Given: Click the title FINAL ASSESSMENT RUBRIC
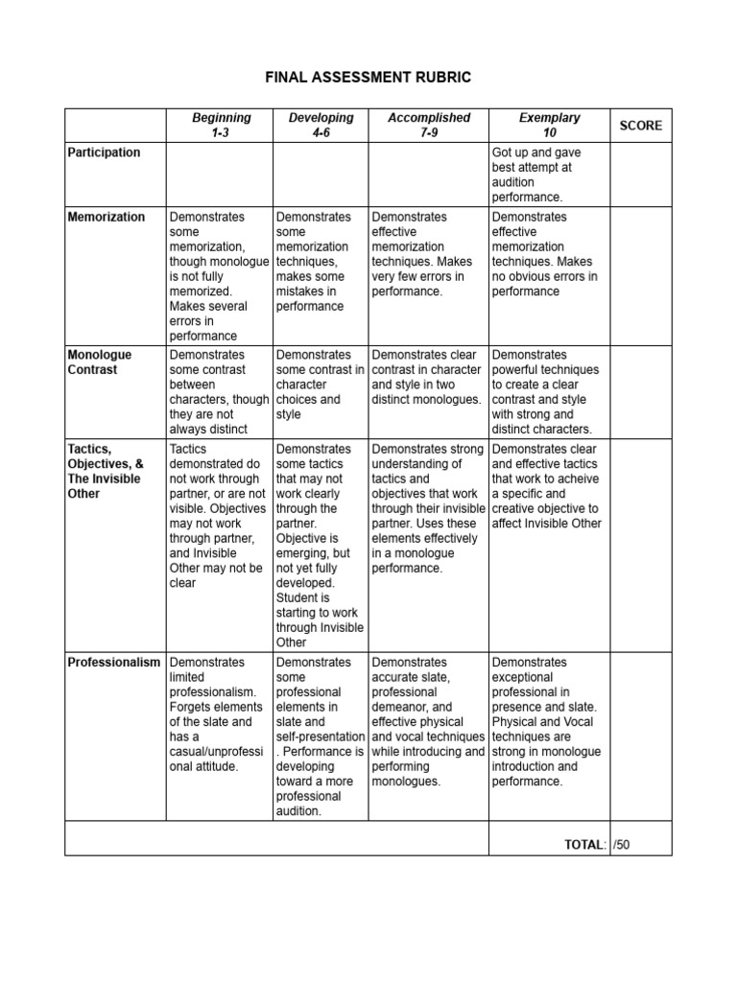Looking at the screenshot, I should point(368,77).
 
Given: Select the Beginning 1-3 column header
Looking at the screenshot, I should point(221,125).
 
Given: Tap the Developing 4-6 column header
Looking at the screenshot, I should point(321,125).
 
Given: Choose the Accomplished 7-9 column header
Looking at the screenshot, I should point(429,125).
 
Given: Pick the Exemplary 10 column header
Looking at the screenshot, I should point(549,125).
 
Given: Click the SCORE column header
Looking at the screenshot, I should point(640,126).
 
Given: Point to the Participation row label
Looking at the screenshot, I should point(105,152).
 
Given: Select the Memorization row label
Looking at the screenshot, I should point(107,217).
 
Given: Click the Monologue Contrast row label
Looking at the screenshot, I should point(100,362).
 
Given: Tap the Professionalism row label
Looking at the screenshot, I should point(114,663).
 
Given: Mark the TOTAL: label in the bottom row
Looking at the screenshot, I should point(585,844).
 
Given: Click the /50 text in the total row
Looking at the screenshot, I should point(623,844).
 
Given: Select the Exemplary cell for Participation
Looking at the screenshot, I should point(549,175).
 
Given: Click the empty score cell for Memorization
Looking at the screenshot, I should point(640,276).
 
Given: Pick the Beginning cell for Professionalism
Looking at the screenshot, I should point(220,714).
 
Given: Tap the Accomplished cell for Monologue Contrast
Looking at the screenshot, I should point(429,377).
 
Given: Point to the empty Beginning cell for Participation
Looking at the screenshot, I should point(220,175).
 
